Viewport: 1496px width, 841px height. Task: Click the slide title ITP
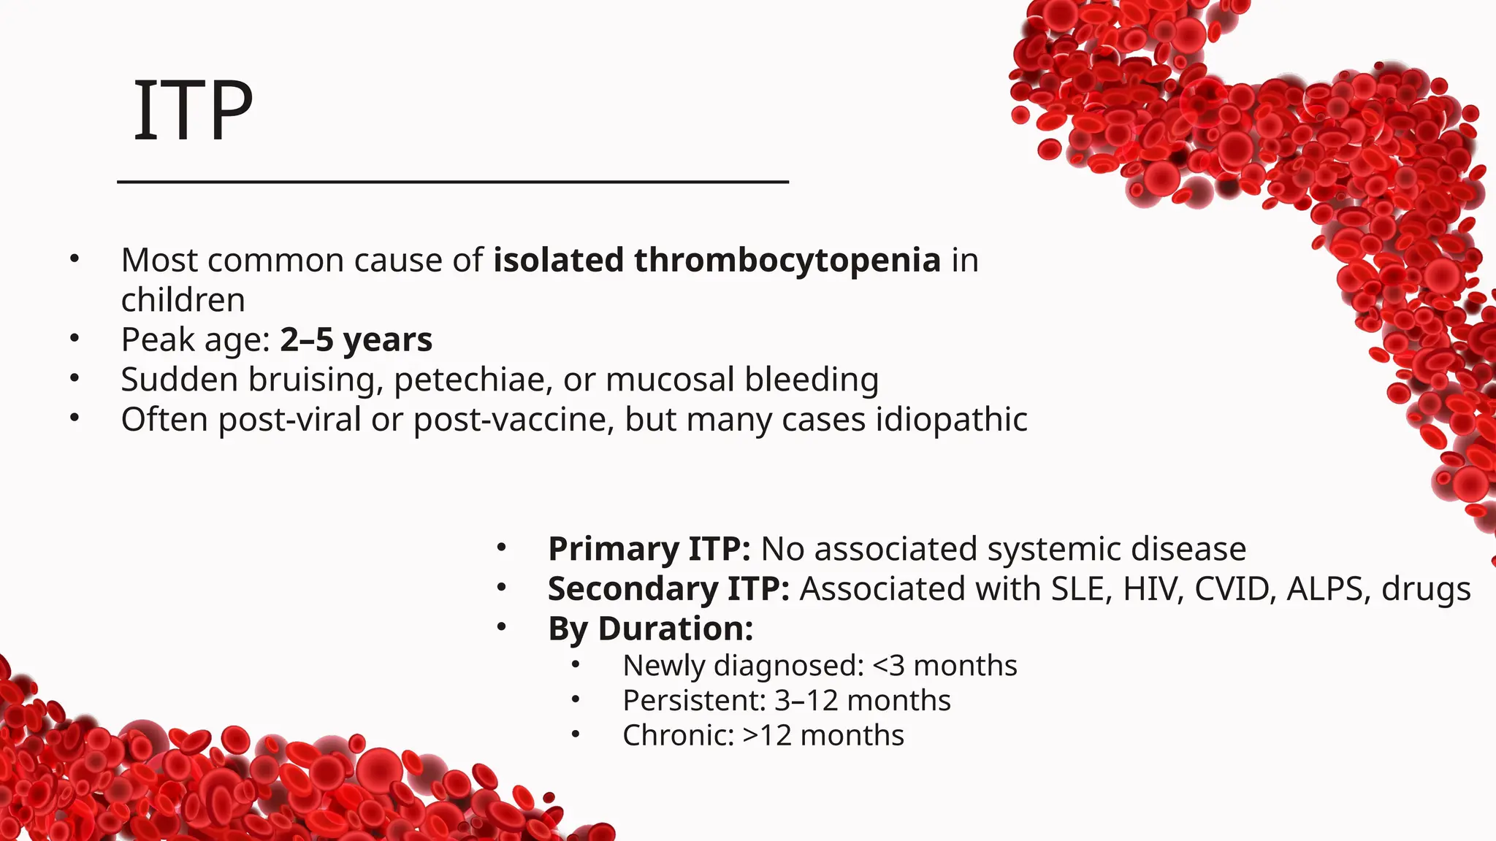[x=193, y=111]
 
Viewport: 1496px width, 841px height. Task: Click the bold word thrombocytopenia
[x=787, y=261]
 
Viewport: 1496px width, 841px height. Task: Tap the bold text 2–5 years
[x=356, y=340]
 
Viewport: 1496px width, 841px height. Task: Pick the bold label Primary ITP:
[x=649, y=549]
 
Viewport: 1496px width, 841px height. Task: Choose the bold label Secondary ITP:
[x=668, y=589]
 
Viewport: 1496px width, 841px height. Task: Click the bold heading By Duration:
[x=650, y=629]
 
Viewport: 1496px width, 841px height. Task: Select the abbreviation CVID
[x=1234, y=589]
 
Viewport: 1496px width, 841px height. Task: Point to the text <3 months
[x=944, y=666]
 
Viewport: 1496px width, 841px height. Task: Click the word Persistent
[x=692, y=701]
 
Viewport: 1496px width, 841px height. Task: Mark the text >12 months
[x=823, y=735]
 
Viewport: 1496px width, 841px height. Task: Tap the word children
[x=183, y=300]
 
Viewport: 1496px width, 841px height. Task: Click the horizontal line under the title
[x=453, y=182]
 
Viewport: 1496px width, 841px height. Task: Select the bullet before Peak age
[x=74, y=339]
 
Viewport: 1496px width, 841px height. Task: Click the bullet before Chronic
[x=576, y=734]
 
